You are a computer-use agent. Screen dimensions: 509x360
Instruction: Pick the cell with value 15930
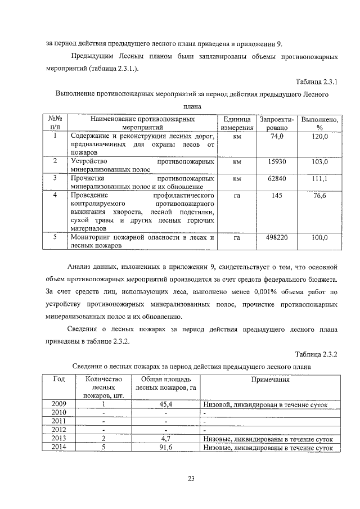coord(277,162)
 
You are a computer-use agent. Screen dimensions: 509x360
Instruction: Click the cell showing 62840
coord(277,179)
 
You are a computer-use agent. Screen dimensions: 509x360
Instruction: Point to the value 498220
coord(277,238)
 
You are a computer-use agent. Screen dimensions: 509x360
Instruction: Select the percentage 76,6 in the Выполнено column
coord(319,195)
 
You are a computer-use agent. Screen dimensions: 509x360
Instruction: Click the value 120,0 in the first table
coord(319,137)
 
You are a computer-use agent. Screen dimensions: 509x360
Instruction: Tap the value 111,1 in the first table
coord(319,179)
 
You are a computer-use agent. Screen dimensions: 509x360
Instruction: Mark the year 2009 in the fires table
coord(58,404)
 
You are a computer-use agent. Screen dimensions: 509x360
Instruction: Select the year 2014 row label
coord(58,448)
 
